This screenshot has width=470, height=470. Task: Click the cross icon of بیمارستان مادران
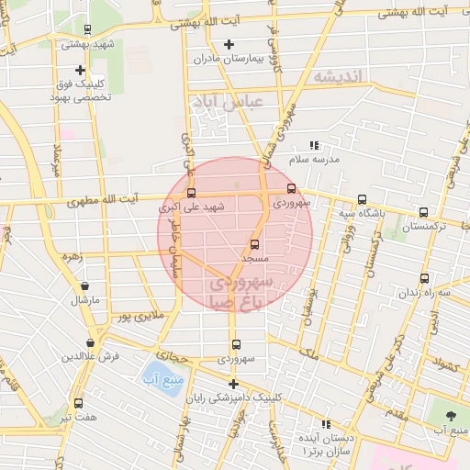tap(229, 44)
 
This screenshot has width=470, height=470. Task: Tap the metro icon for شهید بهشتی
tap(86, 29)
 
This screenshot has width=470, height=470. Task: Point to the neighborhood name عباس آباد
tap(224, 103)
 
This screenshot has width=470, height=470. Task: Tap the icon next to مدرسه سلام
tap(315, 145)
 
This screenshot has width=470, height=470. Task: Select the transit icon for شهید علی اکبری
tap(191, 194)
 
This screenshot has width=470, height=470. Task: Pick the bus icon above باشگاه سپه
tap(362, 199)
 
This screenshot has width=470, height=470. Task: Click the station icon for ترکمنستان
tap(422, 212)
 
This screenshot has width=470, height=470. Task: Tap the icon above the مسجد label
tap(254, 245)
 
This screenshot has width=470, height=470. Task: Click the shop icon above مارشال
tap(85, 286)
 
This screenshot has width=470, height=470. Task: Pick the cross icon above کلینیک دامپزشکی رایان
tap(233, 384)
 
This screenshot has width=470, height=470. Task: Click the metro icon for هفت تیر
tap(78, 403)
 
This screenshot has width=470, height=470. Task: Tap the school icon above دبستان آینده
tap(324, 425)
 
